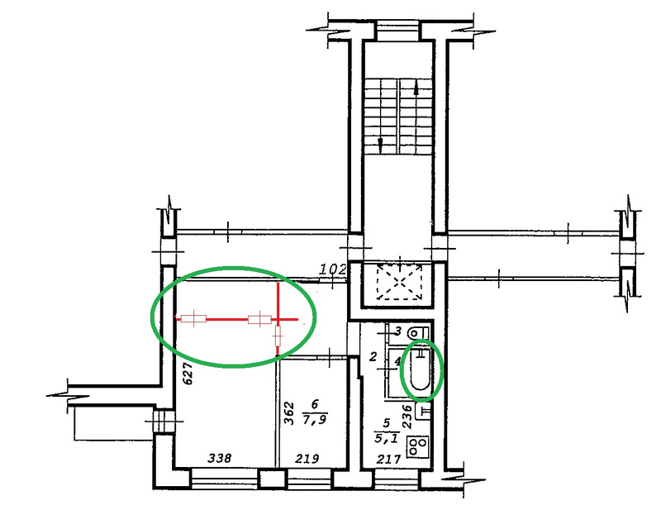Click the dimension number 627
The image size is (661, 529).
(188, 373)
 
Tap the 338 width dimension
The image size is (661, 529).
(219, 458)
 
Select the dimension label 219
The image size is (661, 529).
(307, 458)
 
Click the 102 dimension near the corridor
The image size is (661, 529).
(333, 269)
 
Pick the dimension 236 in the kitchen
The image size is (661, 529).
(407, 417)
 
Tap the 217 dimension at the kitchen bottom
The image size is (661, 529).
(388, 459)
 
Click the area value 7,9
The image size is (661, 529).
(315, 420)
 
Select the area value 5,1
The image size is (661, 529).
(386, 439)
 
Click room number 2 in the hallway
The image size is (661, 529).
(373, 357)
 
